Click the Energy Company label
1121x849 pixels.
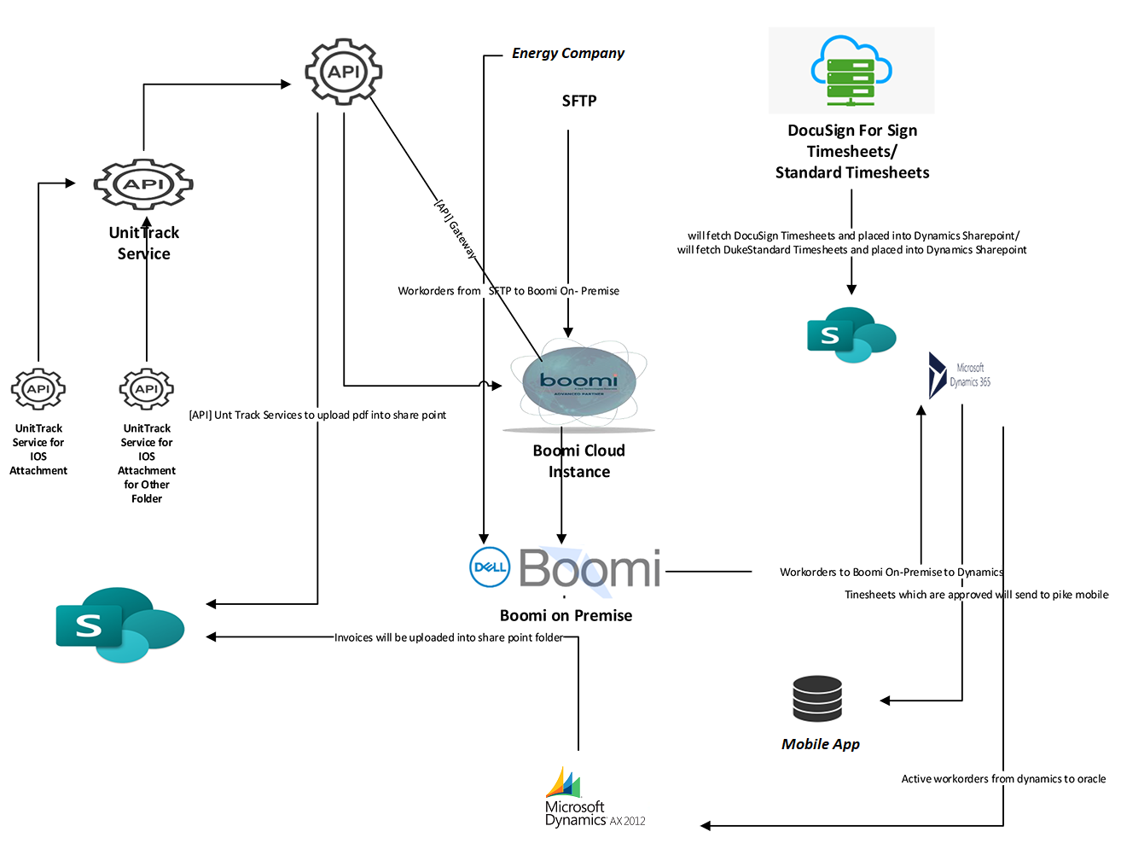[x=567, y=53]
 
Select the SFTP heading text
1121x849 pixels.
[x=578, y=101]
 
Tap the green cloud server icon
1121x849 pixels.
[x=851, y=71]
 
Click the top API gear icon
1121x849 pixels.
[x=344, y=72]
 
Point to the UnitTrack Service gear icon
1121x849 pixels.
[x=143, y=184]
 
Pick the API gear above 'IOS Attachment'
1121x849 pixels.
[x=38, y=389]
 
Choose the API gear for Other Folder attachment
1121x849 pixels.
[x=147, y=389]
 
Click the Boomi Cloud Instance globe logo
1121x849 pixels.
[x=579, y=384]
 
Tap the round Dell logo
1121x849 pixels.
[x=490, y=567]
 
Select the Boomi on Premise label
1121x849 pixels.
[x=566, y=615]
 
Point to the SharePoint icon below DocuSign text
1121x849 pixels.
[x=851, y=334]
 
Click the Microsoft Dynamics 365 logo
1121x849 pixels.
[x=959, y=375]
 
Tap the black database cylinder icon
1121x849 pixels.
[x=817, y=699]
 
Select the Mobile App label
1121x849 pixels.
[x=820, y=744]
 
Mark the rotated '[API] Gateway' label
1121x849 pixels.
[x=455, y=229]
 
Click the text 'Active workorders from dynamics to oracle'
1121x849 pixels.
[x=1003, y=779]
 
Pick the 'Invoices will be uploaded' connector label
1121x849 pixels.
[x=448, y=637]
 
